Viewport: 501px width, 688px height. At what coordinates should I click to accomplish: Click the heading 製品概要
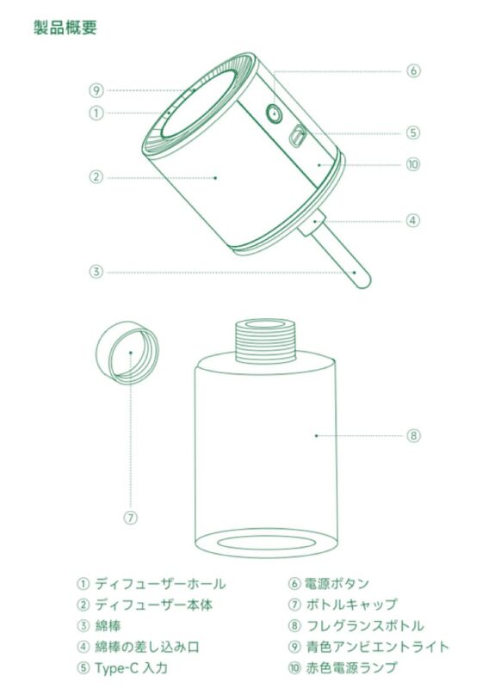[x=65, y=28]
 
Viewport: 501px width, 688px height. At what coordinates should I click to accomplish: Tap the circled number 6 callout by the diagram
[x=413, y=71]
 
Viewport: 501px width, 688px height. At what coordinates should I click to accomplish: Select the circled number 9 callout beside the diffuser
[x=96, y=89]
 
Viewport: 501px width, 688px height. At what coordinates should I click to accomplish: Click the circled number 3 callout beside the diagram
[x=96, y=272]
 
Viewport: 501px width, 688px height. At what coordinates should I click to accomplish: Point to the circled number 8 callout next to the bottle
[x=413, y=435]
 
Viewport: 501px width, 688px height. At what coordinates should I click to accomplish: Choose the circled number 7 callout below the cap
[x=131, y=518]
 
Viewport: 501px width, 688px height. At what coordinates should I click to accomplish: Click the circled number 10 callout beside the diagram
[x=413, y=163]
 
